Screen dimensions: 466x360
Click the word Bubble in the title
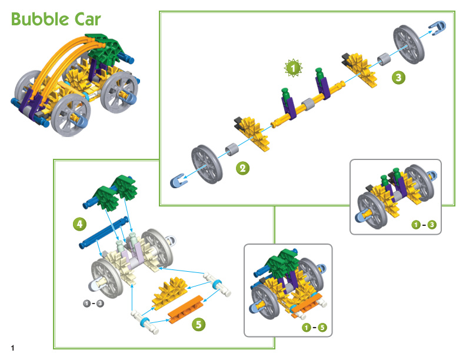(x=39, y=19)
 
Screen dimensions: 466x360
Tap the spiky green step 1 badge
(x=293, y=68)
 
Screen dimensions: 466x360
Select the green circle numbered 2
(x=242, y=168)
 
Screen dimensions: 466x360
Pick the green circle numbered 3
(x=398, y=78)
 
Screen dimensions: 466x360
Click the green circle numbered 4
(x=79, y=224)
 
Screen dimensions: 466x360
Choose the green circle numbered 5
(x=198, y=324)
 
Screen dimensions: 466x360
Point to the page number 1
(x=12, y=348)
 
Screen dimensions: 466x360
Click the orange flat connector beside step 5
(x=186, y=309)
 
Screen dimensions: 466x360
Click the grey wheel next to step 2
(x=207, y=164)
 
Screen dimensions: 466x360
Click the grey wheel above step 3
(x=409, y=44)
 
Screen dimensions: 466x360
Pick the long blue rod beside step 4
(x=104, y=232)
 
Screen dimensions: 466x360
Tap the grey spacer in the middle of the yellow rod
(x=308, y=104)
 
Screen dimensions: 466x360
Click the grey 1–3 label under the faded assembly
(x=94, y=304)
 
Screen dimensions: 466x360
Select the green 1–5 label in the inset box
(x=314, y=327)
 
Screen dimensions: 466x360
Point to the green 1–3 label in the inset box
(x=424, y=225)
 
